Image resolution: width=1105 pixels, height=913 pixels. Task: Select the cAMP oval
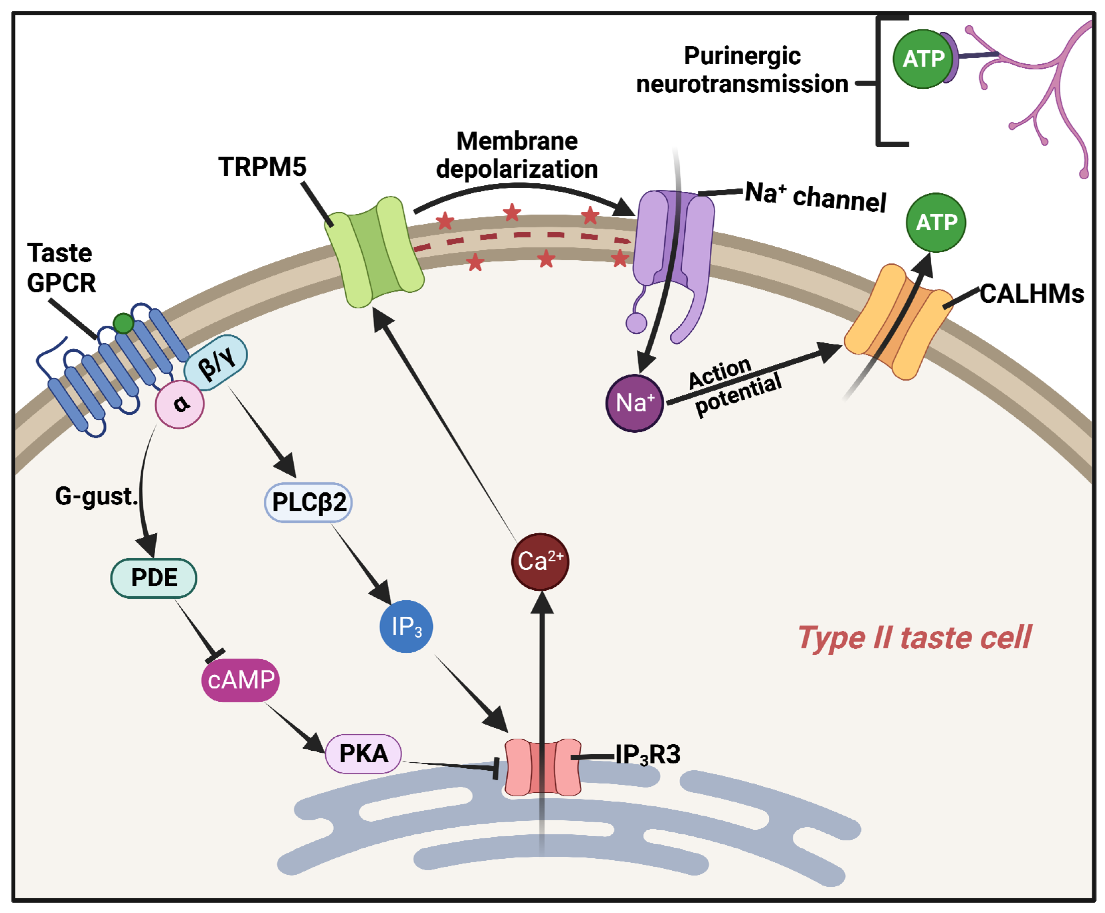click(x=240, y=679)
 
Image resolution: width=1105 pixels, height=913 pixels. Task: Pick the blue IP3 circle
click(x=406, y=627)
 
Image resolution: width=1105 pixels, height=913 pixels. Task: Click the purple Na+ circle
click(x=635, y=403)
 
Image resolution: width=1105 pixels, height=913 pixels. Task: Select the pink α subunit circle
click(x=179, y=404)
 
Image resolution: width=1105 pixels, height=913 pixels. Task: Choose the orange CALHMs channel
click(x=898, y=322)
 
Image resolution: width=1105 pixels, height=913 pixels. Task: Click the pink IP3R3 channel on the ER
click(x=543, y=766)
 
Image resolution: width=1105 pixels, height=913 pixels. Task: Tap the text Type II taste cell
click(x=914, y=638)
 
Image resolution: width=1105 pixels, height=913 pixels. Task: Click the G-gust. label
click(x=97, y=496)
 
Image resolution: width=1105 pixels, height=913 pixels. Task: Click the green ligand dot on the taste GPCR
click(x=123, y=323)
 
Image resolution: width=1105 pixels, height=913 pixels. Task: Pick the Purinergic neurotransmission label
click(x=742, y=70)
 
